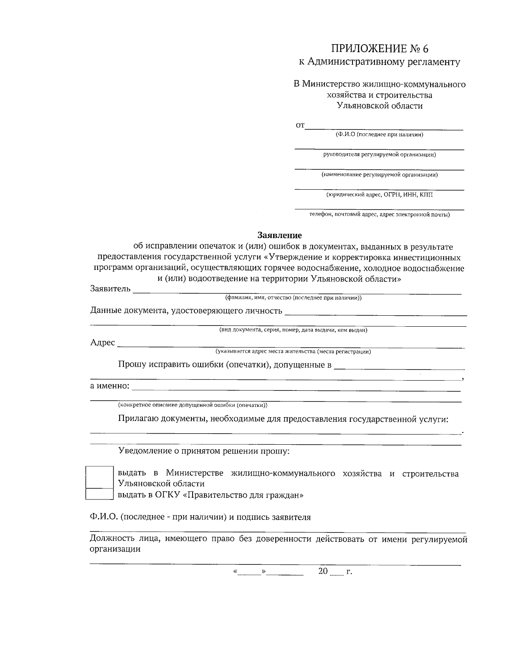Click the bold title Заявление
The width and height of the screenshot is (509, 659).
(280, 235)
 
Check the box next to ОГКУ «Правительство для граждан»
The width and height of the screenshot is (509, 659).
(99, 494)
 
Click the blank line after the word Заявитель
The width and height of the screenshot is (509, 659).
(297, 292)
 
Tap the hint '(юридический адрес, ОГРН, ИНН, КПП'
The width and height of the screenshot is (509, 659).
(380, 195)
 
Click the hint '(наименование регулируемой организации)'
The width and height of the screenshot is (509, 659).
(380, 174)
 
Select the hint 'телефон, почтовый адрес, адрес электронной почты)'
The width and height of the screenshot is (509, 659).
(380, 215)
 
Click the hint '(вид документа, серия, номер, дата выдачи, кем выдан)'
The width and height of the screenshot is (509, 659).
(293, 330)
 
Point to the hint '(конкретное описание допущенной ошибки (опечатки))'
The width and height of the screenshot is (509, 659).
(193, 404)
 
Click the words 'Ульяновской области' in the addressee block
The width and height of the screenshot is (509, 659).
(380, 106)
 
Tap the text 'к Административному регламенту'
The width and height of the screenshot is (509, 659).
(380, 62)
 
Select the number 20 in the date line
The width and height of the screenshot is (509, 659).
(323, 572)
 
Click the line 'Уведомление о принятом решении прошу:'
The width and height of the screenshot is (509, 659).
(204, 451)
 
